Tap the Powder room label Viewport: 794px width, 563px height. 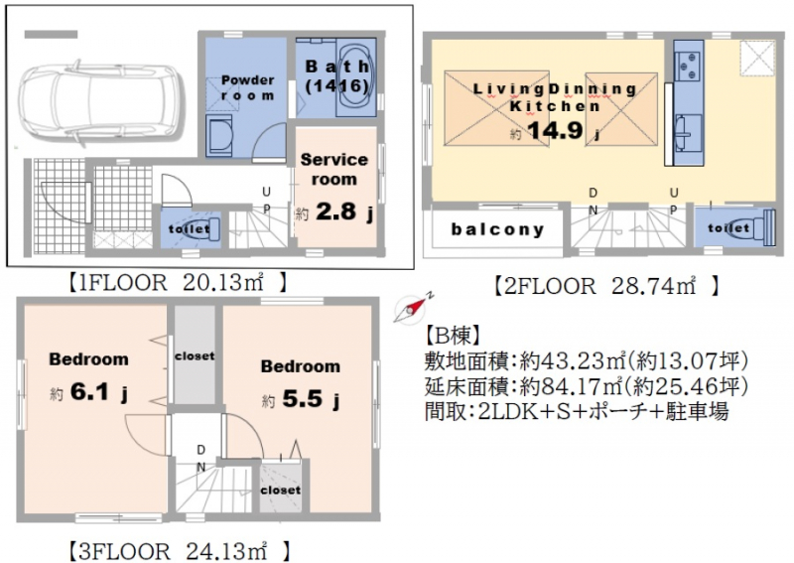(247, 86)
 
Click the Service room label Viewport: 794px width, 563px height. (333, 169)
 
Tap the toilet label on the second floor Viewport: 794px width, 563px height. (728, 228)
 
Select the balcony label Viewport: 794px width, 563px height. (498, 229)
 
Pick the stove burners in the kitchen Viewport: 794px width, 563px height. (687, 66)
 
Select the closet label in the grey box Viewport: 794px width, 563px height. (195, 355)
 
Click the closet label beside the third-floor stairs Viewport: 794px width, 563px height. (280, 490)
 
